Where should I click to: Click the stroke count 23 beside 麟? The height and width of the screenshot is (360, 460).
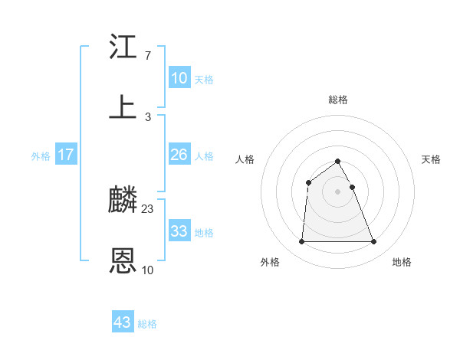[x=148, y=209]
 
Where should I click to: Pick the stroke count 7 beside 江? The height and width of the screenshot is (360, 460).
[x=148, y=56]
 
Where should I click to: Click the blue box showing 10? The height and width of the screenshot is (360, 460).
[x=179, y=78]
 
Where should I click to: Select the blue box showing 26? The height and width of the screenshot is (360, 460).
[x=179, y=155]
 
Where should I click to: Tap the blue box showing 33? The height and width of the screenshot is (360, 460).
[x=179, y=231]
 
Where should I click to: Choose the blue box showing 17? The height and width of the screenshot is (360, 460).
[x=66, y=155]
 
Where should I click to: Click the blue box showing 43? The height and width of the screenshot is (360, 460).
[x=123, y=322]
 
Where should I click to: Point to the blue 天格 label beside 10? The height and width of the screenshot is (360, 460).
[x=204, y=79]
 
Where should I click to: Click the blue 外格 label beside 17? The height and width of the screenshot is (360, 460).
[x=41, y=155]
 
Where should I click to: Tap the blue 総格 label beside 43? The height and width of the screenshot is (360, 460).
[x=147, y=323]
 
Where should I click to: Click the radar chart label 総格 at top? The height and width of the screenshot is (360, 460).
[x=338, y=100]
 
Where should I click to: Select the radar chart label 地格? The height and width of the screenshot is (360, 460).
[x=402, y=262]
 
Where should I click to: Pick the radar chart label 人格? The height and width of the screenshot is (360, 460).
[x=245, y=159]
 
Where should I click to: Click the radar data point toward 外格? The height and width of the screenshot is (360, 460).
[x=301, y=242]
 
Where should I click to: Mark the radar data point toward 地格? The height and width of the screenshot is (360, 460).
[x=374, y=242]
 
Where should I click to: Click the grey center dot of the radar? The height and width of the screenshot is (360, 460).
[x=338, y=191]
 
